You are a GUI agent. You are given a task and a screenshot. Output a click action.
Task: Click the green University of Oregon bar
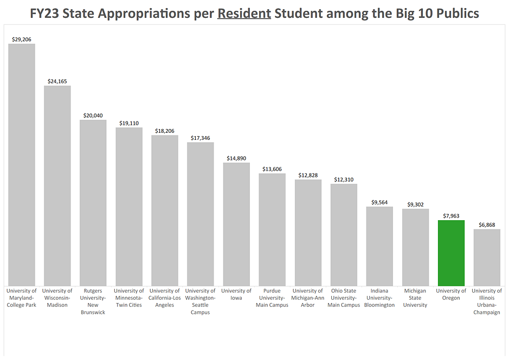451,253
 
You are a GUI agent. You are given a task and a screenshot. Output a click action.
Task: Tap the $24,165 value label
57,81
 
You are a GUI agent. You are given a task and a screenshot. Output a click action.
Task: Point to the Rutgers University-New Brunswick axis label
93,301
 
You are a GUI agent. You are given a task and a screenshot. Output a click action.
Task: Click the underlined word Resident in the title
244,14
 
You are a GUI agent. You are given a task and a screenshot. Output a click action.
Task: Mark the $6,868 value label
487,224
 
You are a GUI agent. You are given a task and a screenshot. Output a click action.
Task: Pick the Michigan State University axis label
415,298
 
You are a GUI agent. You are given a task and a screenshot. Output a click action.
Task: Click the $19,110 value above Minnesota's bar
129,123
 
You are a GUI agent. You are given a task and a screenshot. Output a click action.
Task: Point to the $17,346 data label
201,138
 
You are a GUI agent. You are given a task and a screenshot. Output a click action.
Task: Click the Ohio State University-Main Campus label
344,298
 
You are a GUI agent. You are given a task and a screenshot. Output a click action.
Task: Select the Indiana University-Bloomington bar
379,246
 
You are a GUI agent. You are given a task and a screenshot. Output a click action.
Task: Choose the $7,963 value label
451,216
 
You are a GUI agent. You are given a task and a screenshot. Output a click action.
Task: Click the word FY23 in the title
45,14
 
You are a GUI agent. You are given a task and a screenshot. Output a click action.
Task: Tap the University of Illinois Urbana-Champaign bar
487,257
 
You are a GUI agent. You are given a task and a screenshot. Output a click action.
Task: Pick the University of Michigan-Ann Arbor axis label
308,298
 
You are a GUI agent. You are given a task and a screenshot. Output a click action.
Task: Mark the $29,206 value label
22,40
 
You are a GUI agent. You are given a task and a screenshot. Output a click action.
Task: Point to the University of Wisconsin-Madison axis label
57,298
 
